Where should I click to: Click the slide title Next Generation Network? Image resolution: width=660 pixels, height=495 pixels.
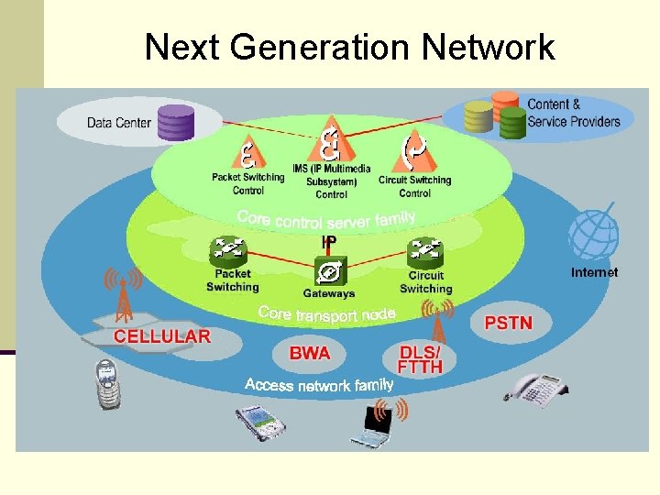click(x=349, y=47)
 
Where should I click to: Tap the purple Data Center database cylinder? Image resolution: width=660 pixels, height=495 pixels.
click(x=176, y=122)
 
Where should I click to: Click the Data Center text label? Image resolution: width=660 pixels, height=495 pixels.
click(x=119, y=122)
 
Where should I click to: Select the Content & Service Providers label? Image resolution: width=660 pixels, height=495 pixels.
click(x=573, y=113)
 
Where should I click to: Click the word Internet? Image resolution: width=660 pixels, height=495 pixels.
click(x=594, y=272)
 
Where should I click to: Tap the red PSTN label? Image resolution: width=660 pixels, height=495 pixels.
click(x=507, y=323)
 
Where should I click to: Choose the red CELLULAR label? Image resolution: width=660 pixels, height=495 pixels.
click(x=162, y=336)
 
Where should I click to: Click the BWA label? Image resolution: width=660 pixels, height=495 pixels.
click(x=310, y=353)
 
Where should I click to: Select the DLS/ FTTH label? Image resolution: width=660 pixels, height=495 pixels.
click(x=422, y=359)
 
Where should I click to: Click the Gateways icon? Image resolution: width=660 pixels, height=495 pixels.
click(x=328, y=271)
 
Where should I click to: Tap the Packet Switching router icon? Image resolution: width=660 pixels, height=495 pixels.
click(x=230, y=249)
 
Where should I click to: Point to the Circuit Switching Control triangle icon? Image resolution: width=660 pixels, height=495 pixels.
click(x=414, y=151)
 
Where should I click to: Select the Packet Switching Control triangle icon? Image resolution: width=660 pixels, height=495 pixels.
click(x=247, y=152)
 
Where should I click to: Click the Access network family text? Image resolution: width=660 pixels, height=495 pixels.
click(x=319, y=384)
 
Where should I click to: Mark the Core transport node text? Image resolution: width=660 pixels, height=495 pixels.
click(x=326, y=313)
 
